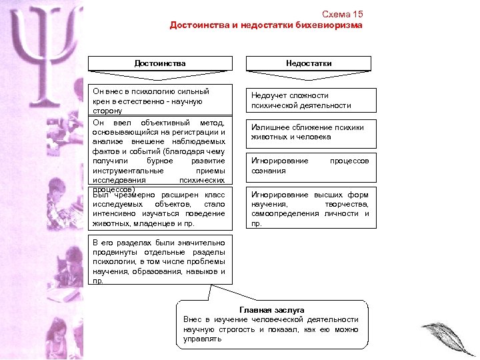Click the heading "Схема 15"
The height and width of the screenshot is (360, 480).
pos(342,14)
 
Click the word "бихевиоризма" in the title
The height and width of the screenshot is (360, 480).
pos(331,25)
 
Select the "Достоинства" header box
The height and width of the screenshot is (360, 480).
pos(160,63)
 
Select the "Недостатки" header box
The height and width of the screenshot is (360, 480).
pos(309,63)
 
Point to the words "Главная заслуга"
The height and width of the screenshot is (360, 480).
pos(271,310)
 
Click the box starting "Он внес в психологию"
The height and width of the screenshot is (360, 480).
pos(160,100)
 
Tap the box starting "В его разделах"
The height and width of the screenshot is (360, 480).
pos(160,260)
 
